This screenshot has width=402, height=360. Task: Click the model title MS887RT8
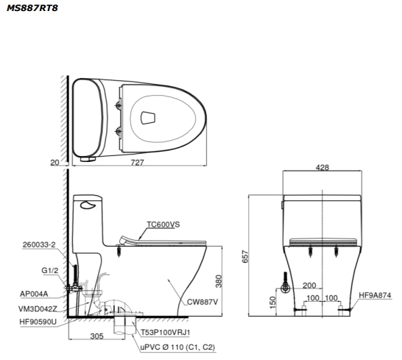tap(32, 8)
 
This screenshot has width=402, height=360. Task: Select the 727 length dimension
tap(138, 163)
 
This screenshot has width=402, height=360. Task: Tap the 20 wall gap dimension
tap(54, 163)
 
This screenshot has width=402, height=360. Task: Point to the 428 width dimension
tap(322, 167)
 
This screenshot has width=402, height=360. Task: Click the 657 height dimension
tap(245, 256)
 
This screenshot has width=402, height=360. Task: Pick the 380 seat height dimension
tap(219, 281)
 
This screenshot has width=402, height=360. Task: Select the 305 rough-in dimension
tap(97, 336)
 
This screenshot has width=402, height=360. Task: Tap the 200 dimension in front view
tap(309, 286)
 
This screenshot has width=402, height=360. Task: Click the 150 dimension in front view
tap(272, 303)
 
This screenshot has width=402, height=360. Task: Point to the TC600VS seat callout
tap(163, 225)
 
